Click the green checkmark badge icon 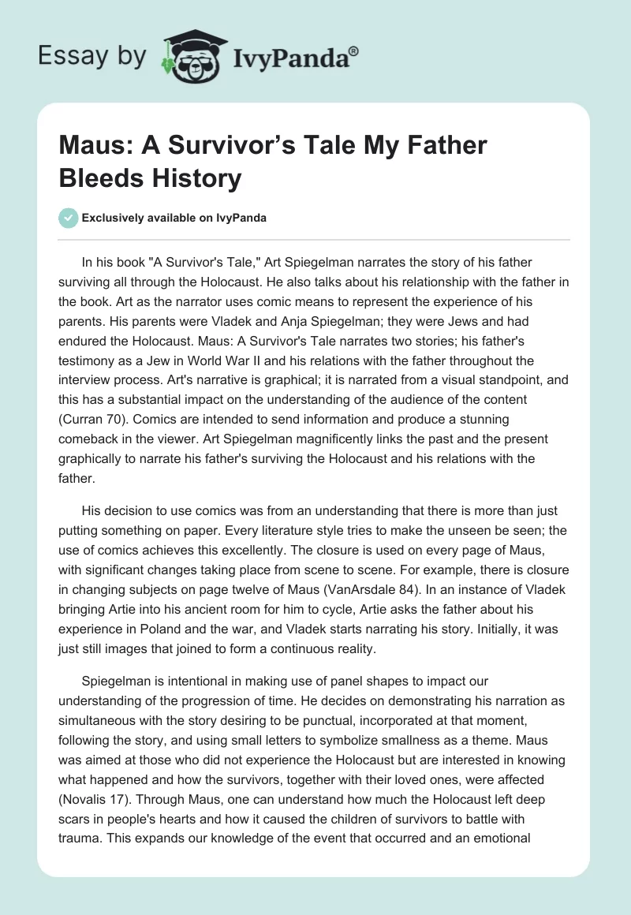[68, 218]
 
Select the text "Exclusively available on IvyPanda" [174, 218]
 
